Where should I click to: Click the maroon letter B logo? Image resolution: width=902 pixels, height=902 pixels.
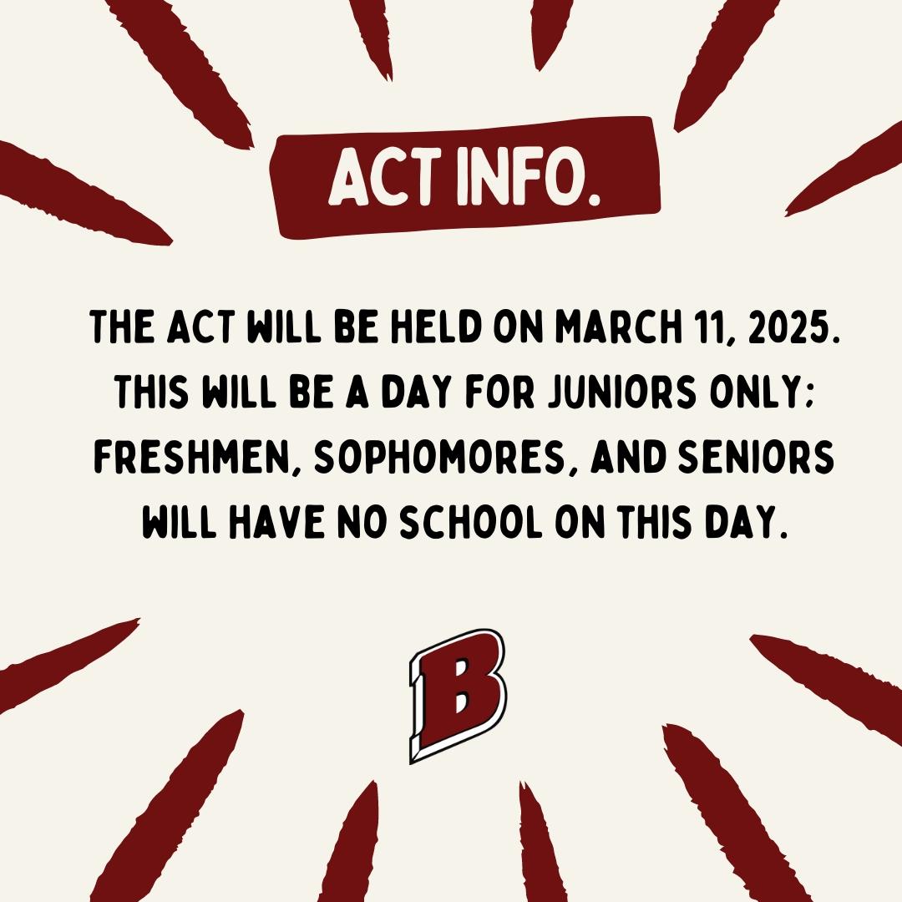point(458,696)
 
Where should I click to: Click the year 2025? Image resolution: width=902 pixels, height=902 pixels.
point(791,327)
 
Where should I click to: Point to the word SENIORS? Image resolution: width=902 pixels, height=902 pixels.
point(756,458)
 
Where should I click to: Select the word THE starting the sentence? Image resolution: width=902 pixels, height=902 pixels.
point(123,327)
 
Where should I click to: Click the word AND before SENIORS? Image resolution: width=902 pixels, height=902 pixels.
point(629,458)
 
